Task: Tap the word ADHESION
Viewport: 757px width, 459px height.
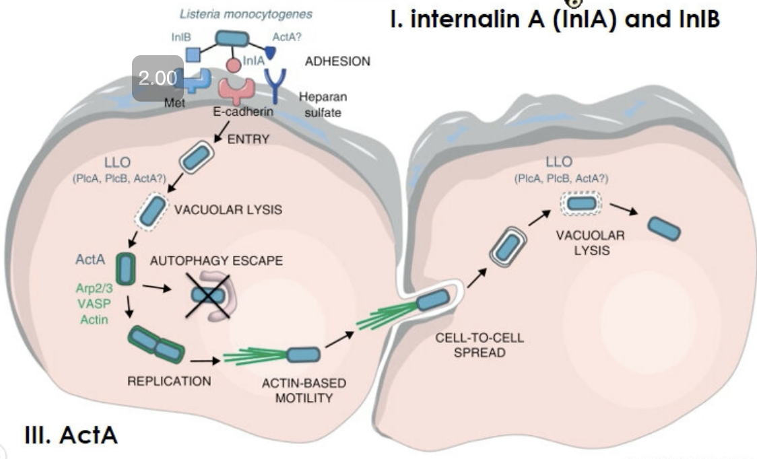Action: pos(337,61)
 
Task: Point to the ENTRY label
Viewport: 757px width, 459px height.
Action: pos(247,139)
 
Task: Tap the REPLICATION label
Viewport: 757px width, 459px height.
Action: pos(169,382)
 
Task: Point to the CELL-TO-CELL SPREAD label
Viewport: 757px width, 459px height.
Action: pos(479,345)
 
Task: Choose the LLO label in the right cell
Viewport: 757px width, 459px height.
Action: pos(559,162)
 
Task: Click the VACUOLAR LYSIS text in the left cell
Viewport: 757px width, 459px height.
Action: pos(228,210)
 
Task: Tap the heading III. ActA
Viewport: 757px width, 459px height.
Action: pos(71,435)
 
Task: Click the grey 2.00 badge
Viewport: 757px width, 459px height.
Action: pos(157,78)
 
